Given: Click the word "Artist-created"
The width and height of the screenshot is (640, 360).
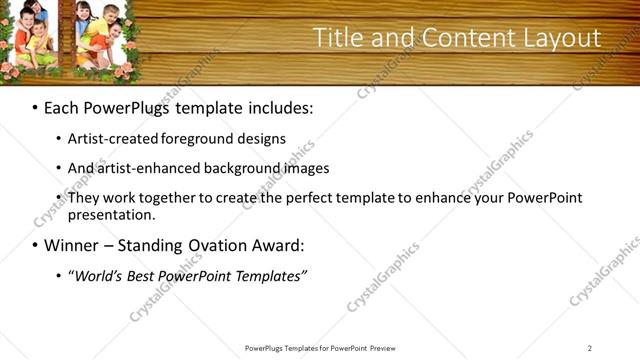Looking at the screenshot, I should tap(116, 139).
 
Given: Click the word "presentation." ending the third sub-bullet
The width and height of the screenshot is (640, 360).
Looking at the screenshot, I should tap(112, 215).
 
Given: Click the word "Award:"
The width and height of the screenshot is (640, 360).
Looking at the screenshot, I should tap(276, 245).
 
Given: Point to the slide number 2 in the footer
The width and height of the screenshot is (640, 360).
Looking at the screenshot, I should tap(589, 348).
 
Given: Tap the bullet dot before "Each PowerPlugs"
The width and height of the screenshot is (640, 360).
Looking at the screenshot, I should tap(35, 107).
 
